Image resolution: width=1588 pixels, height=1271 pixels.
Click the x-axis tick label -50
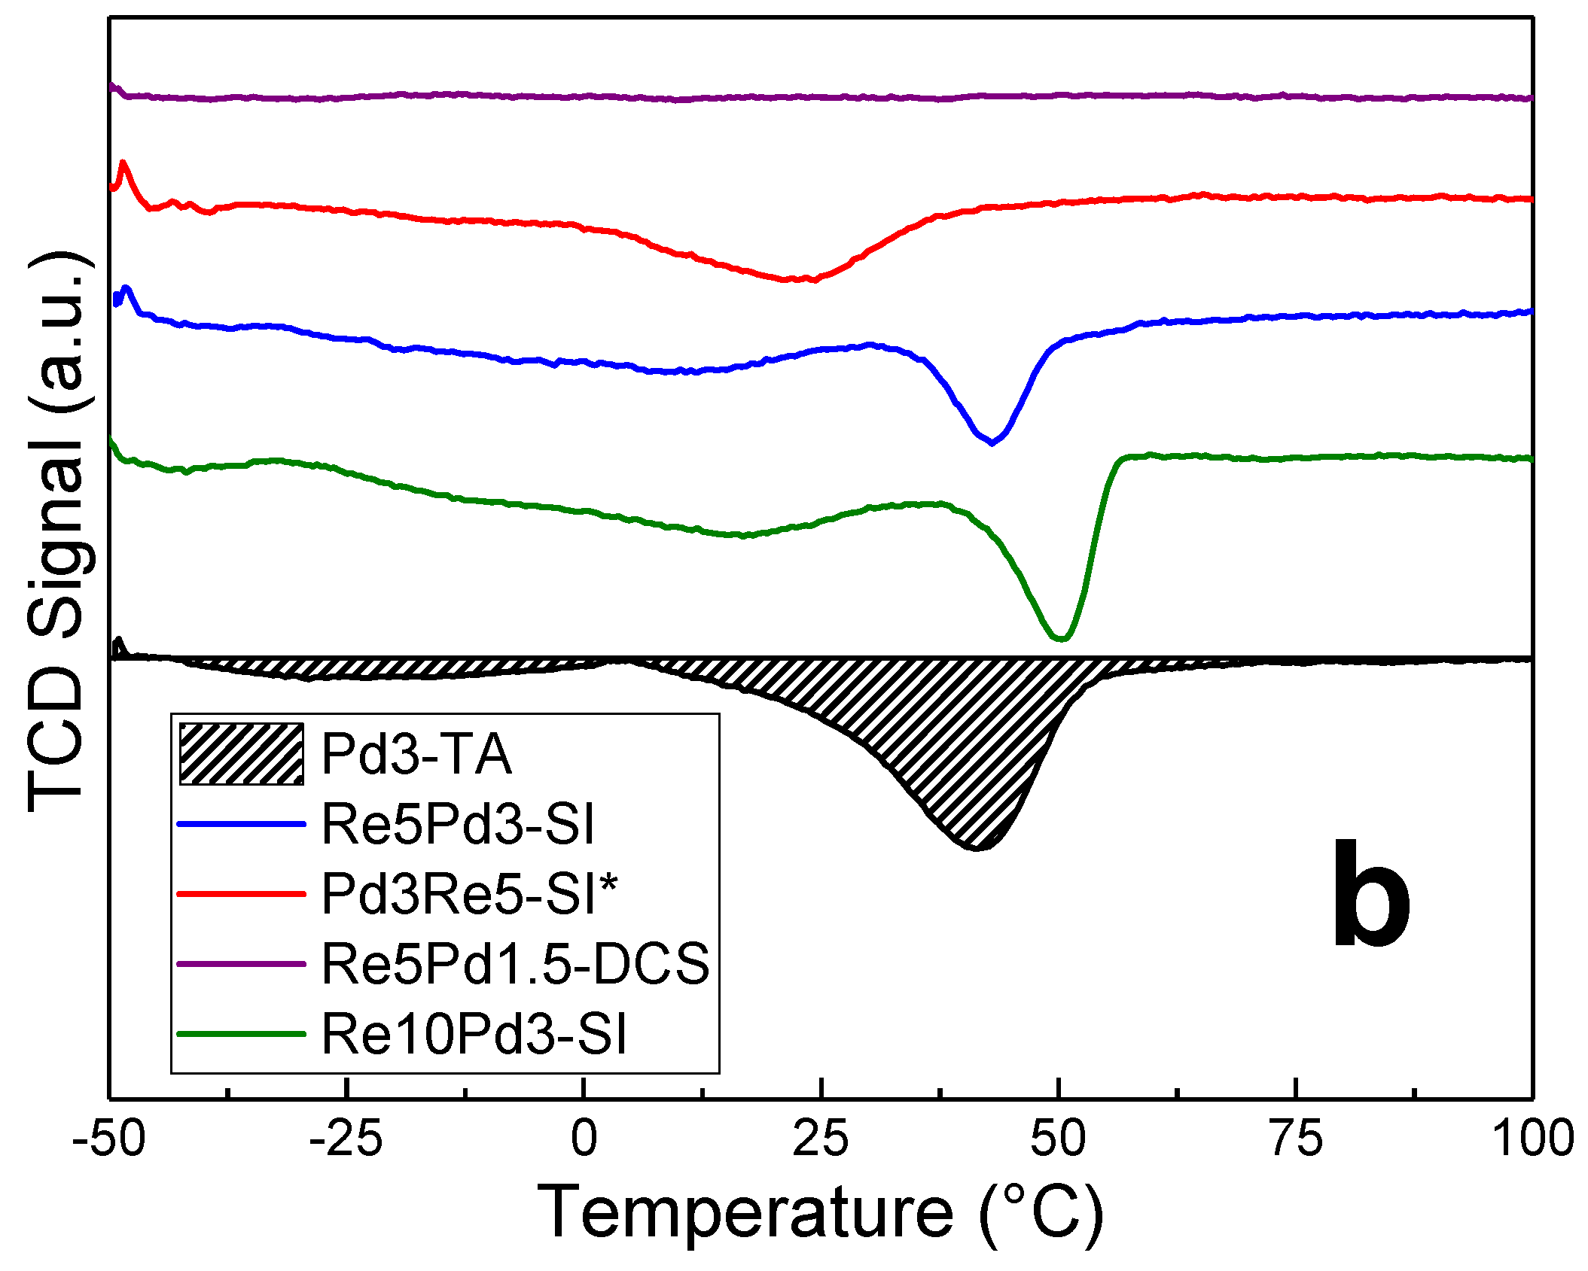point(108,1139)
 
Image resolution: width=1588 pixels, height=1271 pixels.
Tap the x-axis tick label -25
point(346,1139)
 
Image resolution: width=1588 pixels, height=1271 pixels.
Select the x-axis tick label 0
point(584,1139)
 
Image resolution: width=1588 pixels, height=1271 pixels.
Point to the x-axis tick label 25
point(821,1139)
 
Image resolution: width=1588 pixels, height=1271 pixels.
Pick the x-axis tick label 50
point(1058,1139)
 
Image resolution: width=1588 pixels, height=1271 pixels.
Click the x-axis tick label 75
point(1295,1139)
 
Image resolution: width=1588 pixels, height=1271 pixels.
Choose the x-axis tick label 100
point(1532,1139)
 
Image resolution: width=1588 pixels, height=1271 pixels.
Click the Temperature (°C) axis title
point(820,1213)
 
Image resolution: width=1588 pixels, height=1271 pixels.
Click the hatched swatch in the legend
point(241,753)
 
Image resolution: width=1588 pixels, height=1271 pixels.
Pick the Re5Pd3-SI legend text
point(458,823)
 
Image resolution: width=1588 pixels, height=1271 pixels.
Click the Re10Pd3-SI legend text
point(474,1034)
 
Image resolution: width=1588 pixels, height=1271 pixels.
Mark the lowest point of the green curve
point(1060,639)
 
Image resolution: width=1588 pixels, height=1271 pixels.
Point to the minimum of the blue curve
point(992,443)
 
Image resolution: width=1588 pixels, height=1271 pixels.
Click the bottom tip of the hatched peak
point(976,849)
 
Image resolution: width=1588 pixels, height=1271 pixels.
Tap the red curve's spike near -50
point(123,163)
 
